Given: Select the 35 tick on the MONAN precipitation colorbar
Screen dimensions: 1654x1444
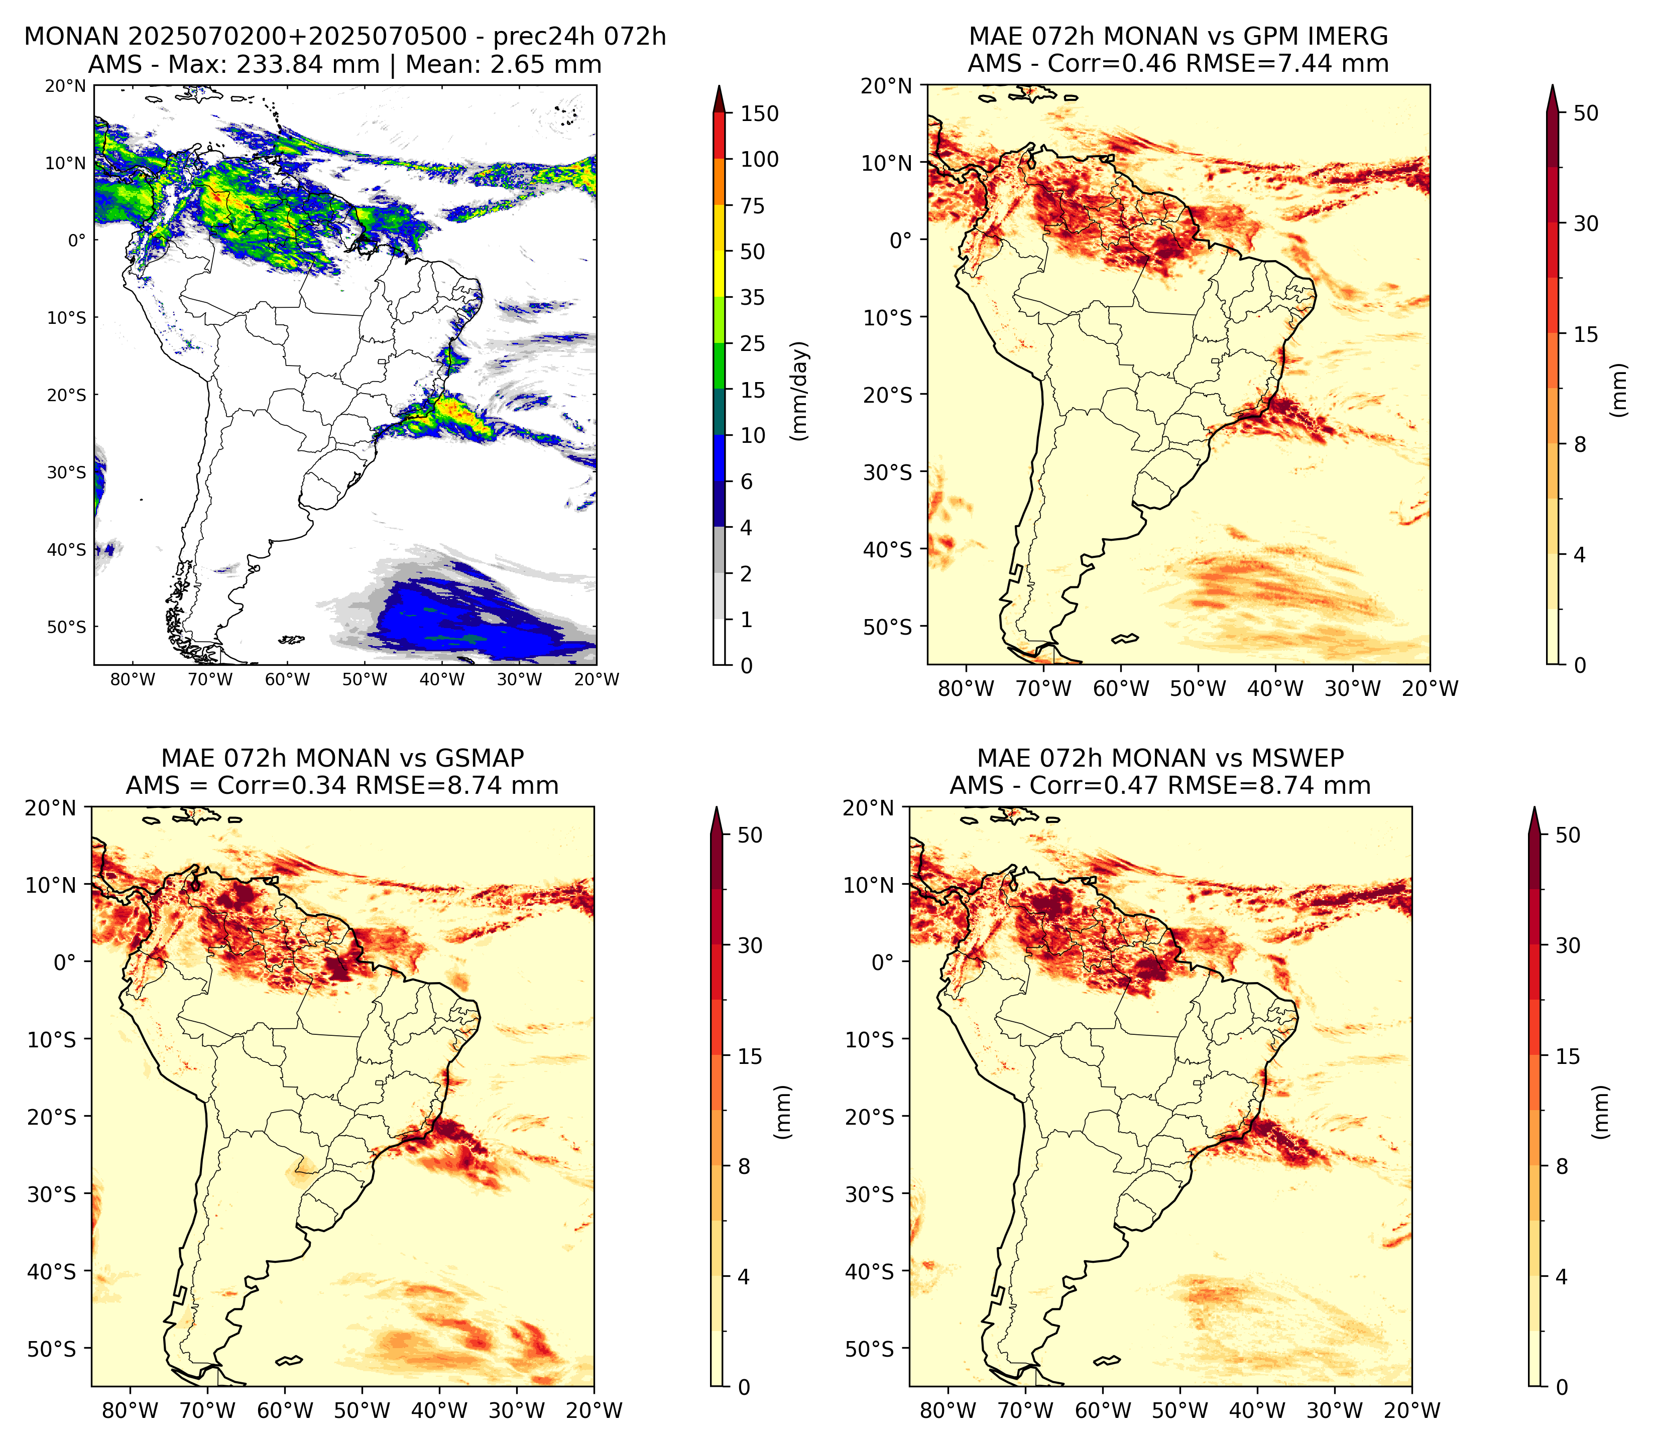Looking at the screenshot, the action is pos(753,297).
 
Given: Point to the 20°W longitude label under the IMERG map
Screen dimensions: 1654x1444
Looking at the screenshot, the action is pos(1432,688).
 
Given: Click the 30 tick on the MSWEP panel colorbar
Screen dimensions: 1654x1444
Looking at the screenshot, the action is pos(1568,945).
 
